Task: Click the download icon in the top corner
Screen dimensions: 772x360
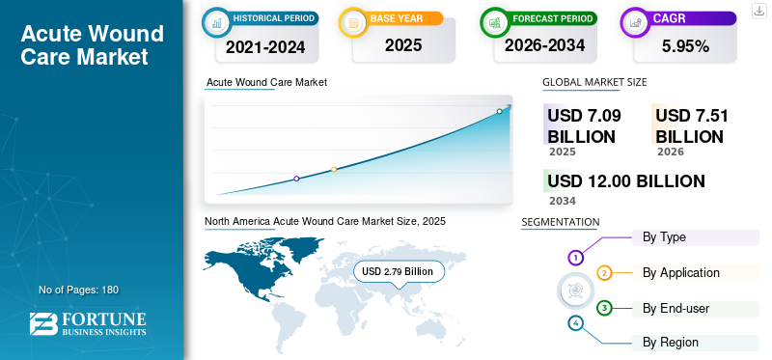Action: click(759, 11)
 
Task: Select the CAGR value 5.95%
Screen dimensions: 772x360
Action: click(685, 46)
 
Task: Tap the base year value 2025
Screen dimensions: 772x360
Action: click(403, 45)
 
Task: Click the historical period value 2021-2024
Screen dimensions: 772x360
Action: click(265, 46)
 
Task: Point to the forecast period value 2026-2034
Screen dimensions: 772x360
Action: click(545, 45)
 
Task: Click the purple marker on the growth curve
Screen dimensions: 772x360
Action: click(296, 179)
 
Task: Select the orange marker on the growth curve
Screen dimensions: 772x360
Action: click(334, 170)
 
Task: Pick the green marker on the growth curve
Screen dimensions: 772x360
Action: click(499, 111)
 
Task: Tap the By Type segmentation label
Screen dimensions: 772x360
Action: click(664, 237)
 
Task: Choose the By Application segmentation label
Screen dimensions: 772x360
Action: click(681, 273)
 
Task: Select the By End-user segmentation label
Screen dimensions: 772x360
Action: click(676, 309)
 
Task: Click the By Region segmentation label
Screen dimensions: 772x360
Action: click(670, 343)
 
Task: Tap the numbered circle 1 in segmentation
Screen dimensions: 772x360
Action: click(575, 257)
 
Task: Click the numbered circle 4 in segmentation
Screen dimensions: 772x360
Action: click(575, 323)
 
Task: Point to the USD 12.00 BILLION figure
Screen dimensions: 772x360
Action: click(626, 181)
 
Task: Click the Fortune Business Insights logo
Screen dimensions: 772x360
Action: click(88, 323)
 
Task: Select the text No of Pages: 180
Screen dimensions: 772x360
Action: click(79, 290)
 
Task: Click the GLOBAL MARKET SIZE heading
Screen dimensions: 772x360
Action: click(594, 82)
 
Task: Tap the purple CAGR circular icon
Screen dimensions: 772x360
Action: click(635, 22)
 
